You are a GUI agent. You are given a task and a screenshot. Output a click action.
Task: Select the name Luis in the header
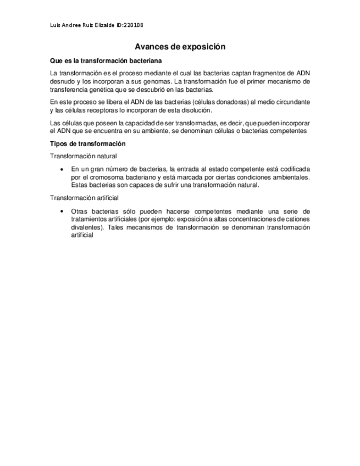55,25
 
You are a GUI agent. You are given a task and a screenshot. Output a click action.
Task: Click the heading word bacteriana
144,60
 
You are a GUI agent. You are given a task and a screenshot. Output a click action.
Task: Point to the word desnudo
62,81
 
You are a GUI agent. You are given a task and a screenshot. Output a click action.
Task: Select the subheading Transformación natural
83,156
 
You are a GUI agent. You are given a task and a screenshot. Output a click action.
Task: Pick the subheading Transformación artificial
84,198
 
